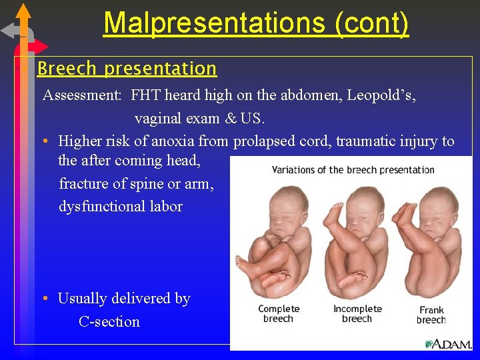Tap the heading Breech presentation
click(x=127, y=69)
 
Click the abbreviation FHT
click(x=146, y=95)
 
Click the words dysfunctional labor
click(x=120, y=206)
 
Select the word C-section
click(x=109, y=321)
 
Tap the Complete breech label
click(x=279, y=313)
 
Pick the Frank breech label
click(x=431, y=315)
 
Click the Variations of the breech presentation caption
click(x=353, y=170)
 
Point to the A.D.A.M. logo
click(x=447, y=343)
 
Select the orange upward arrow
click(x=23, y=13)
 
